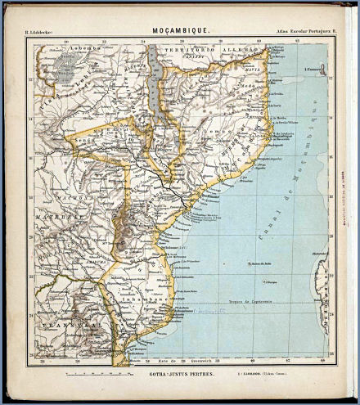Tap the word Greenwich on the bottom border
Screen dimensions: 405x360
(202, 360)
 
